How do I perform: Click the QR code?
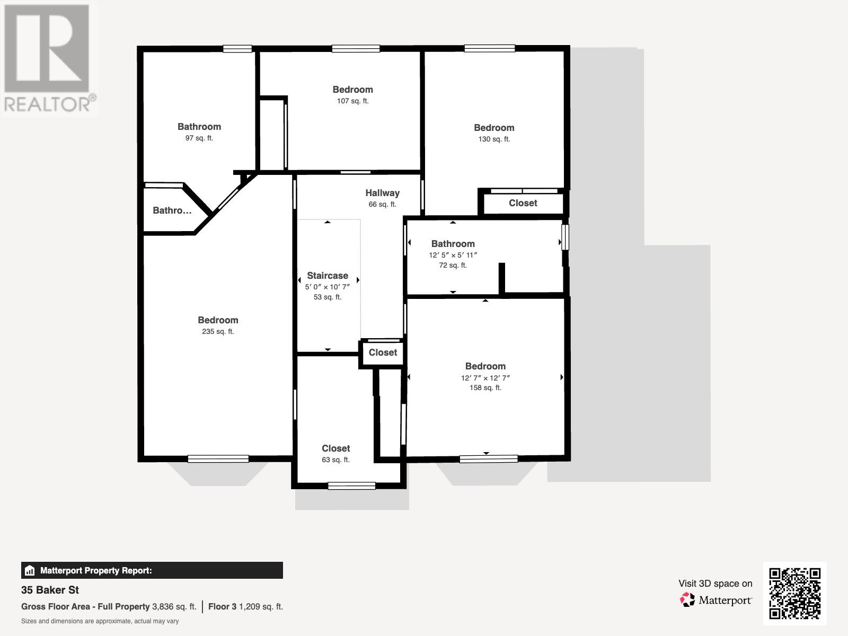(794, 593)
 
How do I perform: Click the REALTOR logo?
(48, 58)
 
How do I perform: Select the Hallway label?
(382, 193)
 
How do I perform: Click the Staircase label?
(328, 276)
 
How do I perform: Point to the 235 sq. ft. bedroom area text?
(218, 332)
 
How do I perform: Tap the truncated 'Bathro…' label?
(172, 210)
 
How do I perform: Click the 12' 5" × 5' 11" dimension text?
(453, 255)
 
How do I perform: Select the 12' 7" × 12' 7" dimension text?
(485, 378)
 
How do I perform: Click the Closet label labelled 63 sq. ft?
(335, 448)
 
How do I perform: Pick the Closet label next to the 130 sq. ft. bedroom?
(523, 203)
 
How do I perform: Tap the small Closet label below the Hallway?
(383, 352)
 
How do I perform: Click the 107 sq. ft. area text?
(352, 101)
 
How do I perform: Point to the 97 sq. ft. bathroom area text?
(199, 138)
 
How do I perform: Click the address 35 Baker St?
(50, 590)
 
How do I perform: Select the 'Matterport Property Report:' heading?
(96, 571)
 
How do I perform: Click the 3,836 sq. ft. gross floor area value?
(174, 607)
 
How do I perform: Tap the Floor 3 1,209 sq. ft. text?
(245, 607)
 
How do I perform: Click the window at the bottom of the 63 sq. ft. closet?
(352, 485)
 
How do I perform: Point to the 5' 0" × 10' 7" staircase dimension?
(328, 287)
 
